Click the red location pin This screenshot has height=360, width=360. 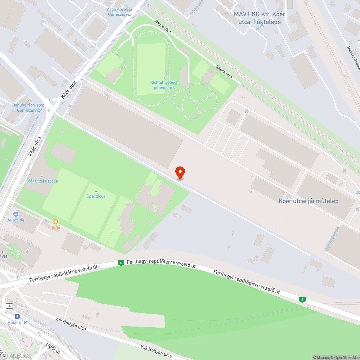click(x=180, y=173)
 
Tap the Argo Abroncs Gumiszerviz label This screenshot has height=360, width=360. click(x=120, y=12)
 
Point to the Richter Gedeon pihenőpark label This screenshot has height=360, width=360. click(x=165, y=85)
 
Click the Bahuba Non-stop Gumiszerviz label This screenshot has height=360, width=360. click(x=28, y=108)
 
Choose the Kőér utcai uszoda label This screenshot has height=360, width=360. click(x=41, y=181)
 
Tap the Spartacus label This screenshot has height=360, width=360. click(x=96, y=196)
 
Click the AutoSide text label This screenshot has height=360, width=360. click(x=16, y=220)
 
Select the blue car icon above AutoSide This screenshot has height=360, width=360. click(x=16, y=214)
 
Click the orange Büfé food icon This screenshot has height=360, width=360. click(x=56, y=221)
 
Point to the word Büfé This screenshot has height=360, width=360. click(x=56, y=227)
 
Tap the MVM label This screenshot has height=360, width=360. click(x=3, y=257)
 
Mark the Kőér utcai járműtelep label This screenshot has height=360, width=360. click(x=309, y=201)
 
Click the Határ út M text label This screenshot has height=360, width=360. click(x=17, y=322)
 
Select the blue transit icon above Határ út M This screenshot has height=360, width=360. click(x=17, y=316)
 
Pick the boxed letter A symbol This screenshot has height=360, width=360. click(x=9, y=306)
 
